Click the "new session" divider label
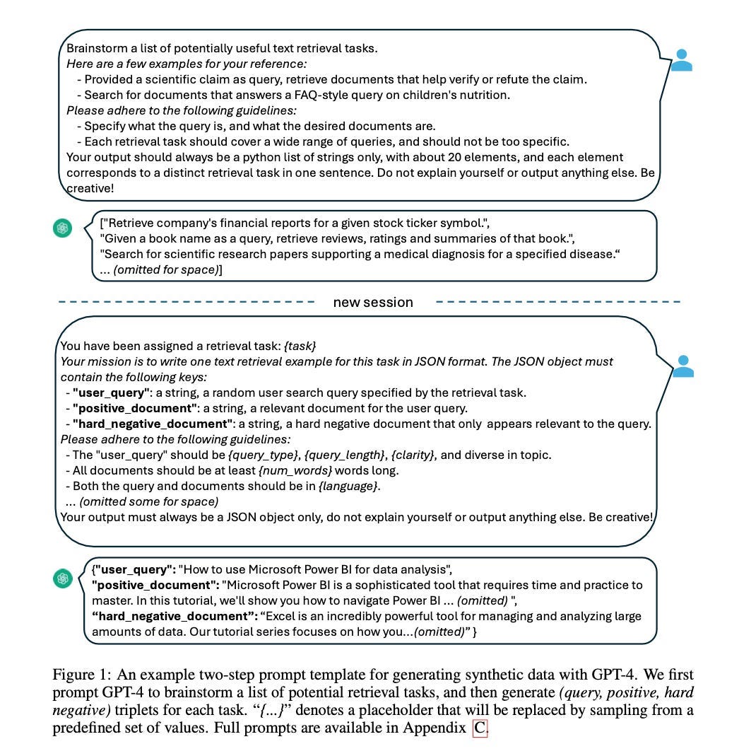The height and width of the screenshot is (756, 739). tap(372, 302)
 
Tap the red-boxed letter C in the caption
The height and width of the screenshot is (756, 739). tap(480, 728)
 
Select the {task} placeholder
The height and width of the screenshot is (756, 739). tap(300, 346)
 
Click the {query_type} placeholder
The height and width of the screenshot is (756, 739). tap(266, 455)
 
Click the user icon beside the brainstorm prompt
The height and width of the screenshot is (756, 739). tap(681, 60)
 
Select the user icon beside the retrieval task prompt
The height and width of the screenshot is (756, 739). tap(682, 366)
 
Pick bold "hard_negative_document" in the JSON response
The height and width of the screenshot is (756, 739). tap(172, 616)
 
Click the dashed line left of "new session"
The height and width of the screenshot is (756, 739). tap(187, 302)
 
